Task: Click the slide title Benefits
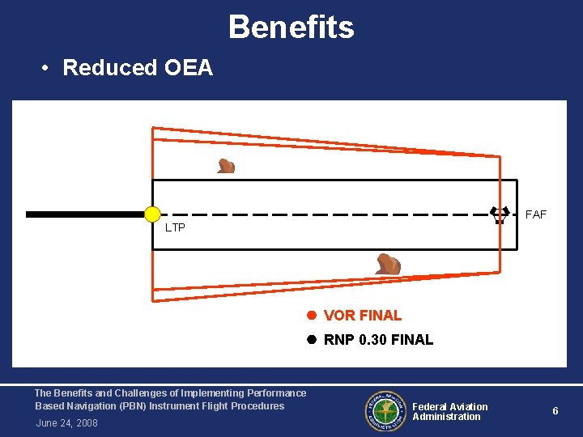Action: (291, 28)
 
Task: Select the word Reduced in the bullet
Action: (107, 68)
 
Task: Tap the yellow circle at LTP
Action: (152, 214)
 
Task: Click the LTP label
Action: (175, 228)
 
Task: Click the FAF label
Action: (536, 215)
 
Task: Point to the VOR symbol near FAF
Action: (500, 214)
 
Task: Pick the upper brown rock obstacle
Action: (226, 166)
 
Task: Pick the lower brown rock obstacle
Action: (388, 264)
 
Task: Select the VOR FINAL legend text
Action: (363, 316)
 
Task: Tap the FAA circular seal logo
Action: (385, 412)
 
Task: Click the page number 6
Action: (555, 411)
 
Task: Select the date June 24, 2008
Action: (66, 423)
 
